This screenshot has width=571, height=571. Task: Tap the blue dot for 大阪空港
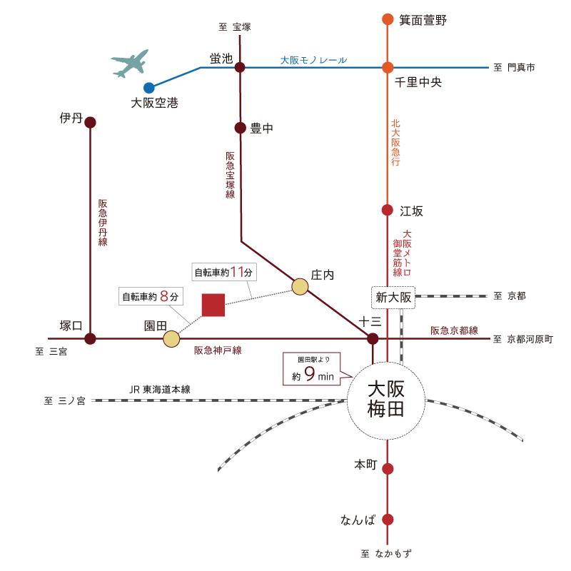(149, 88)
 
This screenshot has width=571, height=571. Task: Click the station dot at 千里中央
(388, 68)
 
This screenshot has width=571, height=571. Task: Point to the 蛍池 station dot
(240, 68)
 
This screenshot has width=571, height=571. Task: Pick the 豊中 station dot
(240, 128)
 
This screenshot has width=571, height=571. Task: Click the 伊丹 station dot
(91, 122)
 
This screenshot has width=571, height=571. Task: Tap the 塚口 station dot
(91, 338)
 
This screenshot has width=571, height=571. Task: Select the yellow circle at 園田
(171, 338)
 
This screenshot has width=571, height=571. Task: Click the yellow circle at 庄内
(300, 287)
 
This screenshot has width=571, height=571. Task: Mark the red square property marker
(213, 305)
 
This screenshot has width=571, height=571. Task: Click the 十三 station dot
(373, 338)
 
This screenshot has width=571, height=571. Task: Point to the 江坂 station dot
(388, 211)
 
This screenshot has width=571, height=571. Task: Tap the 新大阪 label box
(393, 297)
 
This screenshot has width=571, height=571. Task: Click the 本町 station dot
(388, 469)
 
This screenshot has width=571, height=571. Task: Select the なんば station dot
(388, 520)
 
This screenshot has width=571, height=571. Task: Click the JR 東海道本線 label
(160, 390)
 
